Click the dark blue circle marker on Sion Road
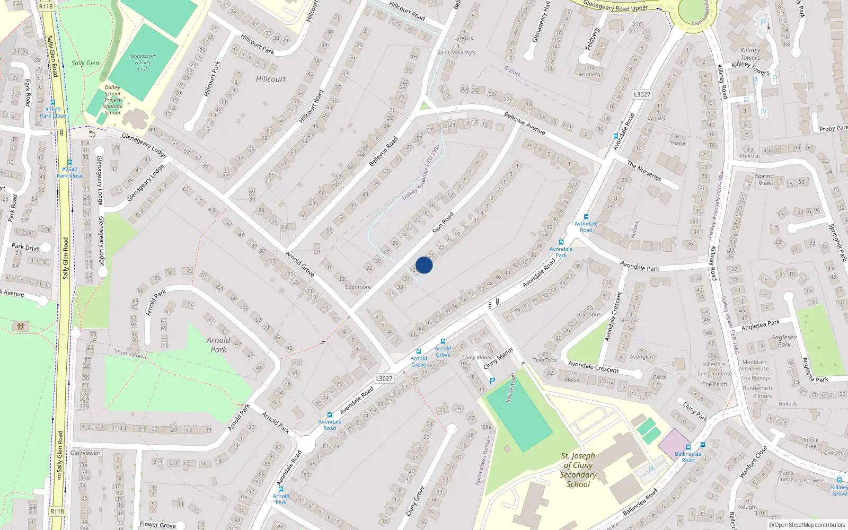[424, 265]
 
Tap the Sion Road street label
[443, 223]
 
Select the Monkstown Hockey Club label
[143, 62]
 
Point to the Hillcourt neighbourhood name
[270, 79]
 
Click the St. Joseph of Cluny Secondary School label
[578, 470]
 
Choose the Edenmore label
[358, 287]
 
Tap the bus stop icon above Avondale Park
[561, 242]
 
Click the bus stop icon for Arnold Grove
[443, 341]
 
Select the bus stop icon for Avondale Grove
[419, 351]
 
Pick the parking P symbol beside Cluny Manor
[492, 381]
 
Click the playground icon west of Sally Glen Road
[21, 326]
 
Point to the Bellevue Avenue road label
[524, 123]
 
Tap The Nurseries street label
[644, 171]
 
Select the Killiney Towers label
[750, 54]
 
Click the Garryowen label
[85, 453]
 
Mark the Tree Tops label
[545, 360]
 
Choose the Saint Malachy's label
[456, 52]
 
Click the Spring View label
[765, 179]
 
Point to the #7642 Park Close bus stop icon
[69, 162]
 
